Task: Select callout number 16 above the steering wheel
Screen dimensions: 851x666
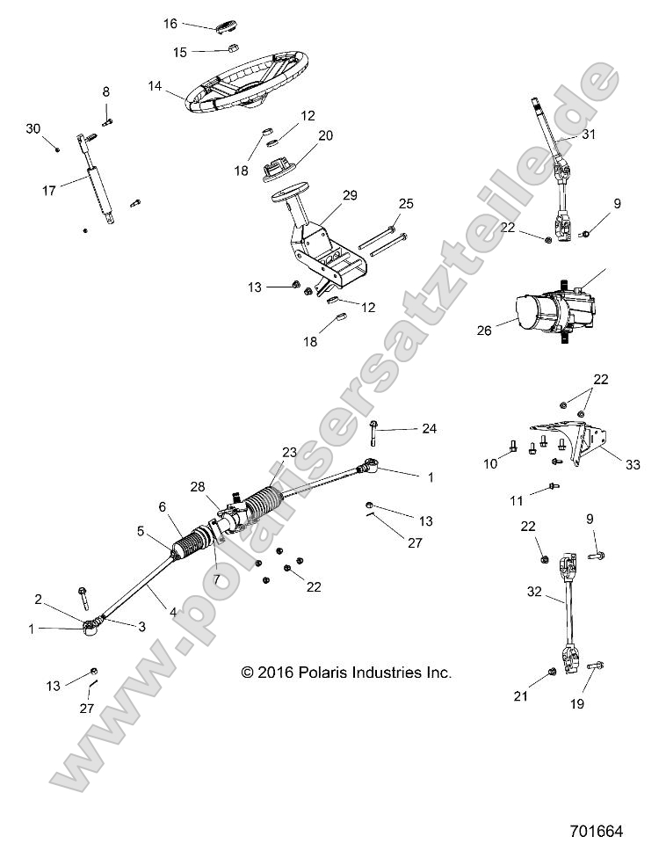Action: pyautogui.click(x=170, y=24)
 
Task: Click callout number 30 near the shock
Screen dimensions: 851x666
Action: pyautogui.click(x=33, y=128)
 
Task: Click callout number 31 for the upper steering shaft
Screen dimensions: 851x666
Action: pyautogui.click(x=589, y=135)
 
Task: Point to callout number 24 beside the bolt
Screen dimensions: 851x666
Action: pyautogui.click(x=429, y=429)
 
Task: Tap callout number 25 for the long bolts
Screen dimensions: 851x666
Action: pyautogui.click(x=404, y=204)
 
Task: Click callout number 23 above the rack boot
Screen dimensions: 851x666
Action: pyautogui.click(x=289, y=452)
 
